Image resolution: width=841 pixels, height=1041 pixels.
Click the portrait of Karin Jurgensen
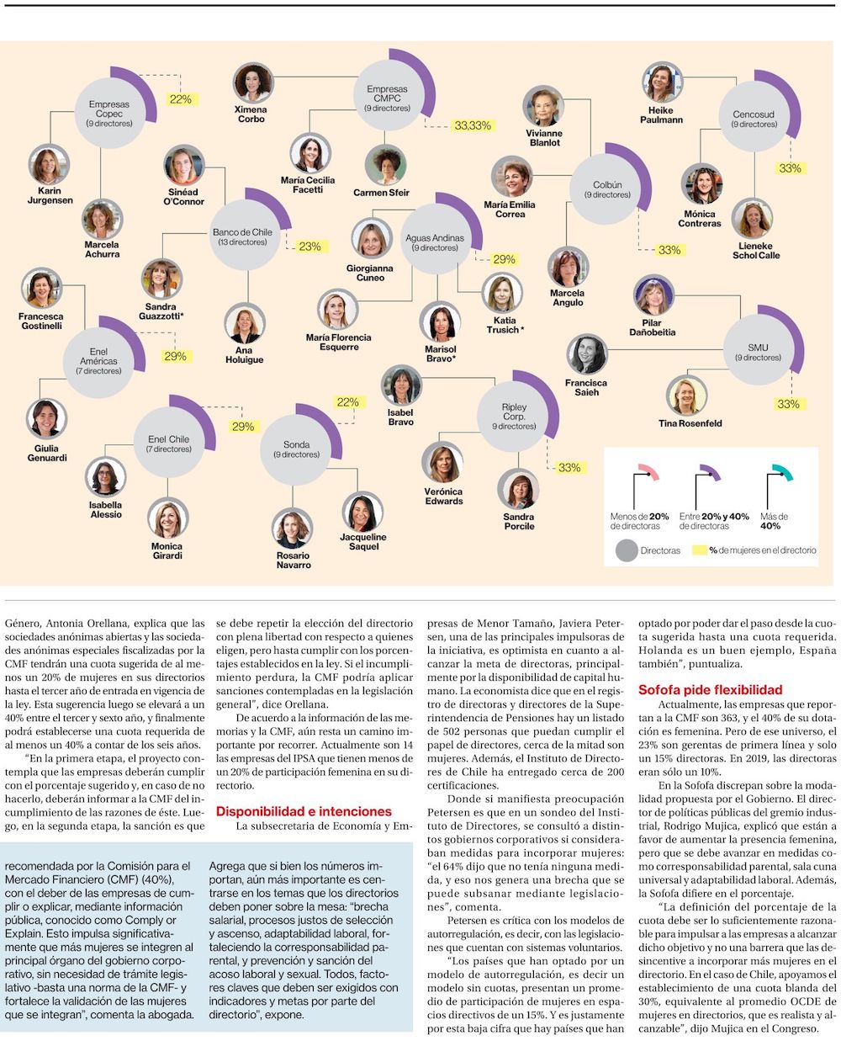click(x=50, y=165)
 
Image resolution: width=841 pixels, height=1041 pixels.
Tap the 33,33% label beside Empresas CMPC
click(x=472, y=125)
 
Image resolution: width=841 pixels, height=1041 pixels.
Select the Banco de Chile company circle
click(x=243, y=236)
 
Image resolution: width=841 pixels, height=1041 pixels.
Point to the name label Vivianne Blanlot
click(x=544, y=138)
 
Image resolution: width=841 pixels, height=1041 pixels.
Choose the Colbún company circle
click(x=607, y=189)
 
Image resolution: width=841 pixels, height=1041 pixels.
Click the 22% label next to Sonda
click(x=348, y=402)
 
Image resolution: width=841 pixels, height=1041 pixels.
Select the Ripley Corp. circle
click(x=514, y=417)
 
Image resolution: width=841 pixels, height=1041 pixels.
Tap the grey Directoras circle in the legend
click(x=627, y=550)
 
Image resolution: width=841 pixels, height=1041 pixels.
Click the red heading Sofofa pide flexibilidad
click(x=698, y=689)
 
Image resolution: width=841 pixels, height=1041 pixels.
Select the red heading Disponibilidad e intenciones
click(x=304, y=811)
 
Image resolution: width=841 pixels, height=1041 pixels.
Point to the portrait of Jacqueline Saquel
click(x=362, y=512)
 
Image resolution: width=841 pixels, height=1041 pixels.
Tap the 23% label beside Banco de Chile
click(x=309, y=247)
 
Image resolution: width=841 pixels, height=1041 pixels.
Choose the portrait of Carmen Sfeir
click(x=387, y=165)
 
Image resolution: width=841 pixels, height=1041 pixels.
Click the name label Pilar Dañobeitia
click(x=652, y=327)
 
